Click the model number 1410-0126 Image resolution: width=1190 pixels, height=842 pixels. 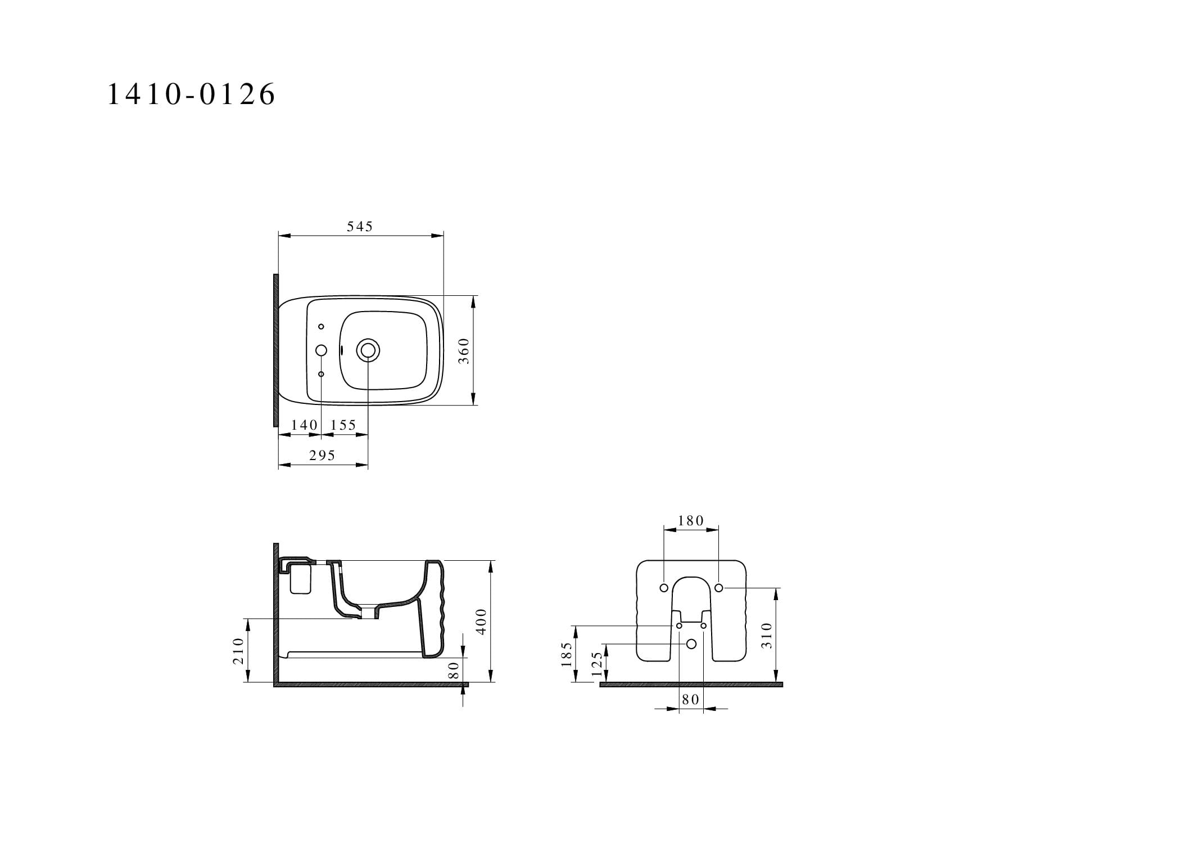tap(191, 94)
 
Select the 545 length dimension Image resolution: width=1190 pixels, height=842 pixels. tap(360, 226)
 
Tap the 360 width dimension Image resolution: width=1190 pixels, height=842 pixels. tap(464, 350)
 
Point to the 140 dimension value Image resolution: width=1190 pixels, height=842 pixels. tap(305, 425)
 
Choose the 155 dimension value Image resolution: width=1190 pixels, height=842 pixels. tap(343, 425)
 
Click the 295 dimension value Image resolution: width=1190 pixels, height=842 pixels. tap(322, 456)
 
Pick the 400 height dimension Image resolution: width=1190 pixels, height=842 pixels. tap(481, 622)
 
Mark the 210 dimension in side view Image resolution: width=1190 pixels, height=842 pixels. tap(238, 651)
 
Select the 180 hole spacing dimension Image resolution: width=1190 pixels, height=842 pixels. tap(691, 521)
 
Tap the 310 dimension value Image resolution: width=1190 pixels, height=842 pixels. tap(767, 635)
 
